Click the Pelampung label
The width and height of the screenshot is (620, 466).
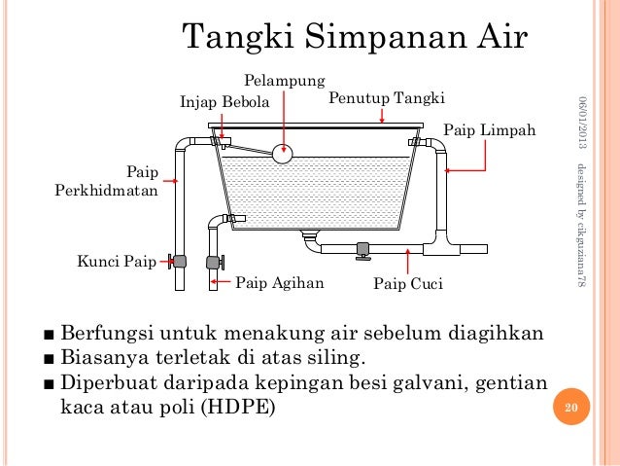coord(284,82)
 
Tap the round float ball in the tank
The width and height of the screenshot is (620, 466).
coord(283,153)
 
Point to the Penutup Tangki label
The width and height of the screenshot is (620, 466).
coord(387,98)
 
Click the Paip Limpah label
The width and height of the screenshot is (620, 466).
coord(490,128)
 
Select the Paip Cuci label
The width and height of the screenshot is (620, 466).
coord(408,285)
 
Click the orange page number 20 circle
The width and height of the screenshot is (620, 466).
coord(570,408)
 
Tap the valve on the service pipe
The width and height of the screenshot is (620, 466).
coord(178,261)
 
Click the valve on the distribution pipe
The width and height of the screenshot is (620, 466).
coord(215,261)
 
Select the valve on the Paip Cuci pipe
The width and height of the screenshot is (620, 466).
coord(362,250)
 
